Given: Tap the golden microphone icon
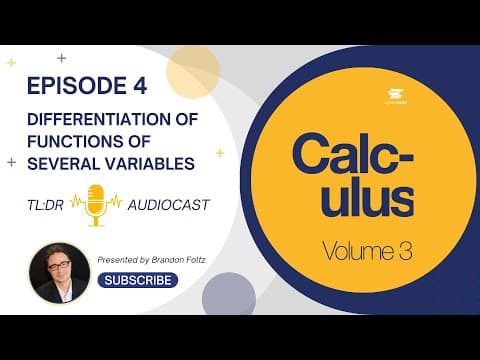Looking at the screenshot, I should [98, 204].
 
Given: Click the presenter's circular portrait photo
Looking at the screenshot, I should [59, 272].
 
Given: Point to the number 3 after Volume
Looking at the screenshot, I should [403, 251].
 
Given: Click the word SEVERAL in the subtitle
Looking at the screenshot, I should [65, 159].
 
